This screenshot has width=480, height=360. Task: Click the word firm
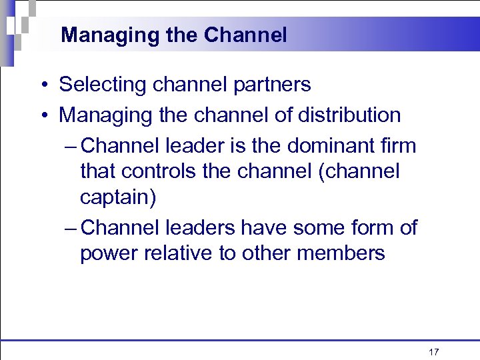pos(398,145)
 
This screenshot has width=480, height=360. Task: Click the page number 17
pos(434,351)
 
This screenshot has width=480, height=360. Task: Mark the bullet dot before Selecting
pos(42,85)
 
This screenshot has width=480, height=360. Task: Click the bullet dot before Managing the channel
pos(42,115)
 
